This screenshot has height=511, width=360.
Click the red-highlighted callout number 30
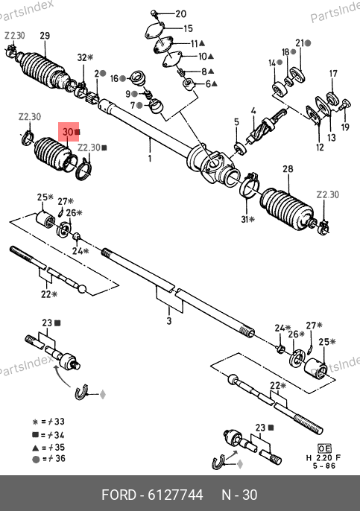click(68, 132)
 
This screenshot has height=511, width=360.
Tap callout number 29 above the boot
click(45, 36)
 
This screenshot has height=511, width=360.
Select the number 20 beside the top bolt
click(181, 13)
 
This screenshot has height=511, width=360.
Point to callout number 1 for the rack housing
click(150, 159)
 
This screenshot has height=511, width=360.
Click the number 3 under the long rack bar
click(169, 320)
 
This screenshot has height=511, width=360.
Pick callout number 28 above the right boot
click(288, 169)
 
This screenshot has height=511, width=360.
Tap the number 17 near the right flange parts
click(333, 74)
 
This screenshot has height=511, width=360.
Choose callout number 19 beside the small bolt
click(345, 127)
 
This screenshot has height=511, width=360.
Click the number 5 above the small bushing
click(236, 122)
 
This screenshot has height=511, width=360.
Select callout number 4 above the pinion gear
click(253, 111)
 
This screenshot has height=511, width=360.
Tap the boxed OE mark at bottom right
click(324, 448)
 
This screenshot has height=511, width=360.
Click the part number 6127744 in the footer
click(175, 495)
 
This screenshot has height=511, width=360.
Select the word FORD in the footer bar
click(119, 495)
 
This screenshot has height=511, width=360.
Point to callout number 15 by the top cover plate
click(188, 28)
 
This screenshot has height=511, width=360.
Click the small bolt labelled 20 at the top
click(154, 13)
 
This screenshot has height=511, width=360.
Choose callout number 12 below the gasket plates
click(320, 147)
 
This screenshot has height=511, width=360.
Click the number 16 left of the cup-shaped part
click(114, 78)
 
